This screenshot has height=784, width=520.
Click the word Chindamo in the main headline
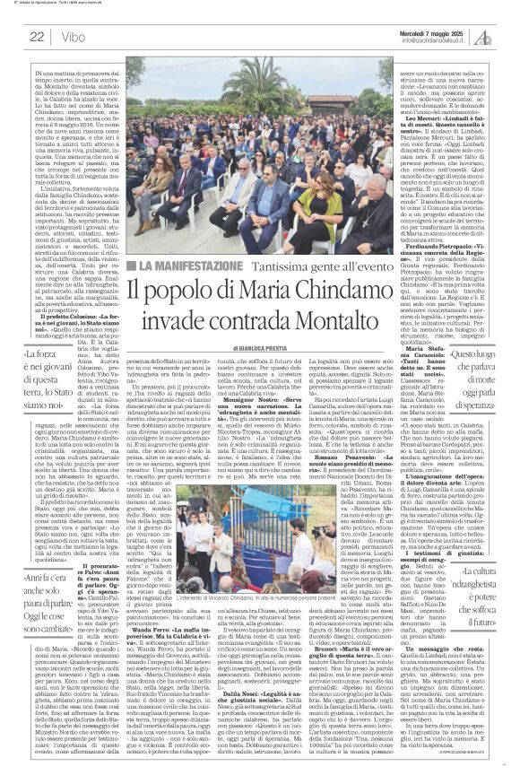point(345,296)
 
